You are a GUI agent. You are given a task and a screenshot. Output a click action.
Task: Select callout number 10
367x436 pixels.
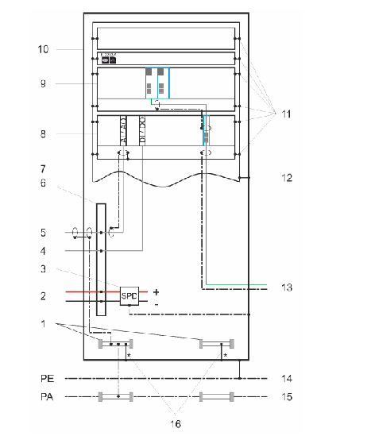coord(43,49)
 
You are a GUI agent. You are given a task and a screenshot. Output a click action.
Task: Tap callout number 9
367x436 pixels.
coord(44,83)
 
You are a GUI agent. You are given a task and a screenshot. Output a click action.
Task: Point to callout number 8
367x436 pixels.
coord(44,134)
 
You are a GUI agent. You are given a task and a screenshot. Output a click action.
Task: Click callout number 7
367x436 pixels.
coord(44,169)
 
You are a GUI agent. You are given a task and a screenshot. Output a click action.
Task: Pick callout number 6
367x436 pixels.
coord(44,183)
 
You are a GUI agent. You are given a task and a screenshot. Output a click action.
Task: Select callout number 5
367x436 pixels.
coord(44,233)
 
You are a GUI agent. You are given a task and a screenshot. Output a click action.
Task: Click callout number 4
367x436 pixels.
coord(44,252)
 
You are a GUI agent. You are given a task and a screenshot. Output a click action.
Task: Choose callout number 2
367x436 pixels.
coord(44,296)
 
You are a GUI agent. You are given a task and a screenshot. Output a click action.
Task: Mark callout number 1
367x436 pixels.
coord(44,325)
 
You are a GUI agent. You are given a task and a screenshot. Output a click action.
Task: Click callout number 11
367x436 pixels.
coord(283,114)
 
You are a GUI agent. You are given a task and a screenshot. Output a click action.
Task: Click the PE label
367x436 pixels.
coord(46,378)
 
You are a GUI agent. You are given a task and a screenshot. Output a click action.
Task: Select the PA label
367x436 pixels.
coord(46,395)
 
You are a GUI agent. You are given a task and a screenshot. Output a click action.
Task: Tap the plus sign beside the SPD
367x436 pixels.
coord(156,291)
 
